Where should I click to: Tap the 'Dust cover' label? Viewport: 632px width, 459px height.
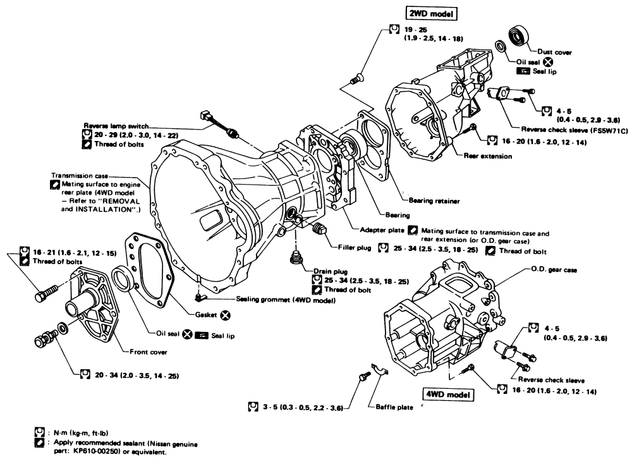point(553,52)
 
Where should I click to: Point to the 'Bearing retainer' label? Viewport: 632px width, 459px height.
point(434,200)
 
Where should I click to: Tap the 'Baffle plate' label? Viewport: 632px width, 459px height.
point(392,408)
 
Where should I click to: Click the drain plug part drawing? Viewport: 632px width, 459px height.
point(295,259)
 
